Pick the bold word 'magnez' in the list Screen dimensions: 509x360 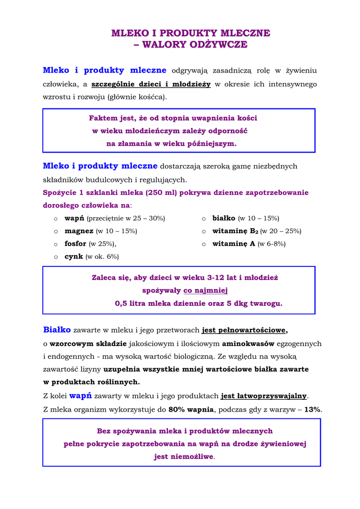point(79,231)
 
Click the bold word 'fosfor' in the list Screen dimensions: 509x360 point(76,244)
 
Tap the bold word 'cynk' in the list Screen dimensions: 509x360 point(74,256)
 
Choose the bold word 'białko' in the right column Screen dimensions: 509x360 point(224,218)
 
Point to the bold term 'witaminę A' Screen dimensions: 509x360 point(234,244)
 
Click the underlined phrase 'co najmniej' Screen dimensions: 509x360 point(205,290)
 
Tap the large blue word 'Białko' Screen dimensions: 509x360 point(57,330)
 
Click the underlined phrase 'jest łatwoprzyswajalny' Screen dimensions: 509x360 point(264,396)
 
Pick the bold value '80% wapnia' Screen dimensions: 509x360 point(191,410)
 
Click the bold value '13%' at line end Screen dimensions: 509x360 point(312,410)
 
